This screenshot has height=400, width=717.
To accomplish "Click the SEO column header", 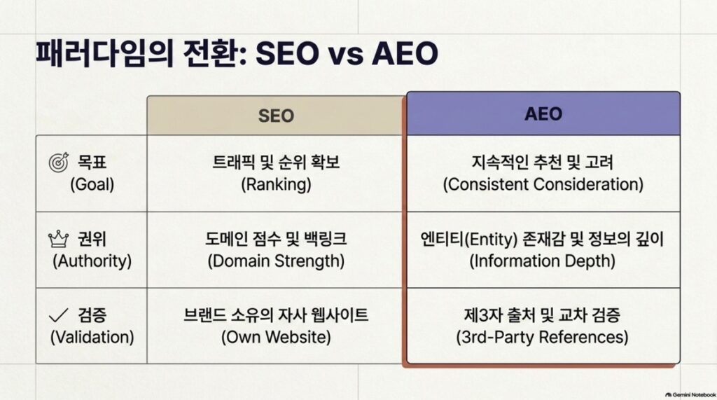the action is click(275, 116).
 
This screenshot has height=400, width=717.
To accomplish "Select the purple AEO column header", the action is click(543, 113).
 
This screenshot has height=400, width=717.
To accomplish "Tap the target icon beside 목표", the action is click(59, 162).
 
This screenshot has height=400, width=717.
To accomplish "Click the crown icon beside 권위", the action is click(59, 239).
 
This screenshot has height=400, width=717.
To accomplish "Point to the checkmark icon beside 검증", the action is click(59, 315).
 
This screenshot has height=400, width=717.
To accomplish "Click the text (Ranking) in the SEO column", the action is click(276, 184).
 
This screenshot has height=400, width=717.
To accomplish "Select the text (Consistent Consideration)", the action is click(543, 184).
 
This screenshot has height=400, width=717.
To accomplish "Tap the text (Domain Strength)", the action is click(276, 261).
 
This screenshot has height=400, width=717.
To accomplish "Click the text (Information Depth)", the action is click(543, 261).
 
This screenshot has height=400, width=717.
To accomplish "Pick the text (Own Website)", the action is click(276, 337).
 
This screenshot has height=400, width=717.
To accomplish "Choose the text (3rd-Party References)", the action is click(543, 337).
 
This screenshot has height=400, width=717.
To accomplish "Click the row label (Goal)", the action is click(92, 184).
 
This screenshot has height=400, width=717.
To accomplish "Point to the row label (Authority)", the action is click(92, 261).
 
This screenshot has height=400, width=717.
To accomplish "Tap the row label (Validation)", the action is click(92, 337).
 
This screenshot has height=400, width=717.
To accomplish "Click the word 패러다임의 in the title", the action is click(105, 53).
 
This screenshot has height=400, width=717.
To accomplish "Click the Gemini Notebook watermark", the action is click(690, 394).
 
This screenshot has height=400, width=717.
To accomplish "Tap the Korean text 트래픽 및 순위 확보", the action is click(276, 162).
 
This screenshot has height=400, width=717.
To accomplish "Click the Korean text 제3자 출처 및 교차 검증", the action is click(543, 315).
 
